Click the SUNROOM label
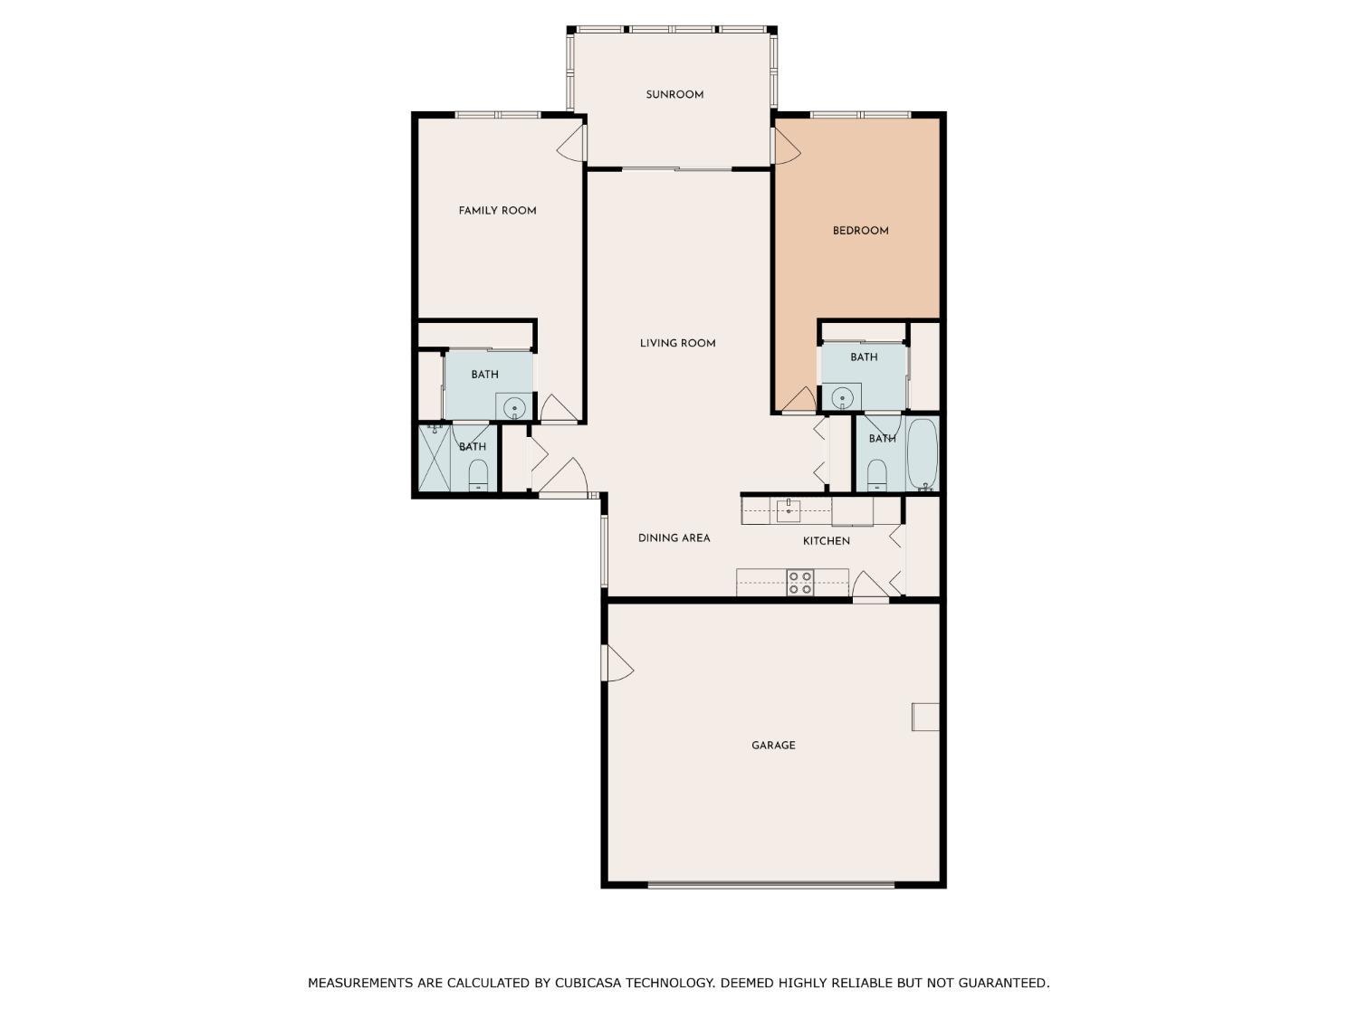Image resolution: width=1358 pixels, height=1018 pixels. click(674, 95)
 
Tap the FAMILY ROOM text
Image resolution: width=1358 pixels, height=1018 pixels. click(497, 211)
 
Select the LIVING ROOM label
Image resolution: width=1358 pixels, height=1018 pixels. click(677, 343)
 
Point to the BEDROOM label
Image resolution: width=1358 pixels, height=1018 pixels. click(860, 231)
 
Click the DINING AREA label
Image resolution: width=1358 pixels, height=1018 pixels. click(674, 538)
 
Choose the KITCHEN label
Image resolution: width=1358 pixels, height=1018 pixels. click(826, 541)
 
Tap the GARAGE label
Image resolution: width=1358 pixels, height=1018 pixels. click(773, 746)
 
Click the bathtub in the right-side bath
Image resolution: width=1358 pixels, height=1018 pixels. click(923, 453)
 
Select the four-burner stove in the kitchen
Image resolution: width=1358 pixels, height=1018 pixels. click(799, 583)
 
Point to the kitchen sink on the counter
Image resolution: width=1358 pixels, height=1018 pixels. click(789, 509)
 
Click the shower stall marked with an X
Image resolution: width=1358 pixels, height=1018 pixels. click(435, 458)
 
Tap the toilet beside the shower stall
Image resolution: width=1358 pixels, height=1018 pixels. click(478, 475)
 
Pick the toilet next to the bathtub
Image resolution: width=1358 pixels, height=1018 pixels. click(876, 474)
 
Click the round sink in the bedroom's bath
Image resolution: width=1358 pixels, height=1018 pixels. click(843, 396)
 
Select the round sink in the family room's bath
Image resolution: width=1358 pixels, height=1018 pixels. click(515, 407)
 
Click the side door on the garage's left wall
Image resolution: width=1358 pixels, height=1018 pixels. click(616, 663)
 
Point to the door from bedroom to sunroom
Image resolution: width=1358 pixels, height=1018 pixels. click(784, 145)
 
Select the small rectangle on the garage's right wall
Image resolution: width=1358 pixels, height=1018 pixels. click(925, 716)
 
